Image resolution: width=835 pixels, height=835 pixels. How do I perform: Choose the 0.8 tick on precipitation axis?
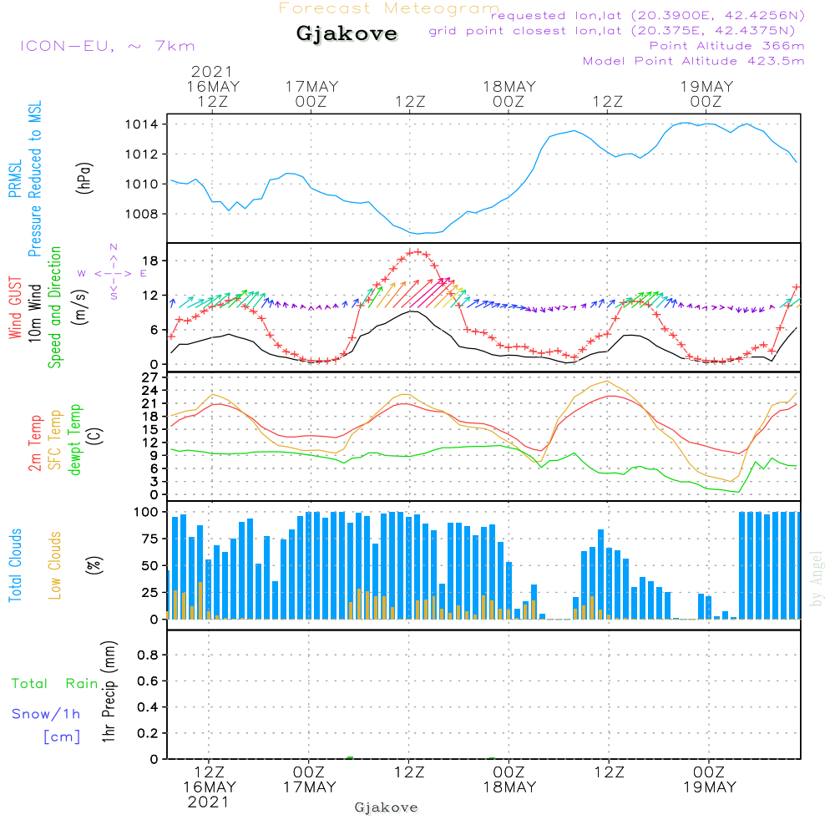(x=149, y=655)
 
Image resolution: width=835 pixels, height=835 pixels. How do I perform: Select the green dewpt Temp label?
(x=75, y=440)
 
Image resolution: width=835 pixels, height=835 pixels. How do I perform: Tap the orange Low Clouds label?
(x=55, y=565)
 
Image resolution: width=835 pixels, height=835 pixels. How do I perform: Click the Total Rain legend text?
(x=54, y=684)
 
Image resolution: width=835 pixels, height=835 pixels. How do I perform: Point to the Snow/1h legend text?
(x=46, y=714)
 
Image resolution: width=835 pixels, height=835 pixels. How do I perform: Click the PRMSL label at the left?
(x=15, y=178)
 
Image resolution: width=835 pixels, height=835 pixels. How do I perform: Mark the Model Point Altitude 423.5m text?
(x=693, y=61)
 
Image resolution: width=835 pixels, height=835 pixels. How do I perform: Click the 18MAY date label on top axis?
(x=509, y=86)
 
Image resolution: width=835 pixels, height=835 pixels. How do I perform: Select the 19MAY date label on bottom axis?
(x=709, y=787)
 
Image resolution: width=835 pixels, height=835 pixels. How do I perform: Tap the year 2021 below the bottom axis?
(x=208, y=802)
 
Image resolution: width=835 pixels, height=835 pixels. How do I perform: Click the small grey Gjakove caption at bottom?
(x=386, y=807)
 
